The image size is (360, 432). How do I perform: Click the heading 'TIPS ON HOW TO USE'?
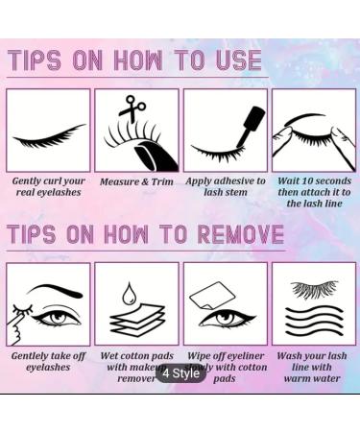[x=134, y=60]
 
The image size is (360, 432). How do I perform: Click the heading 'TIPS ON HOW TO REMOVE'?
[x=145, y=233]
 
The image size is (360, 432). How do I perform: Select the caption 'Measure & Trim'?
[x=135, y=180]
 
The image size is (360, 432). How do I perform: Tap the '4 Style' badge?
[x=180, y=372]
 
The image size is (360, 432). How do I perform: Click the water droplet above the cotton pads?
[x=135, y=288]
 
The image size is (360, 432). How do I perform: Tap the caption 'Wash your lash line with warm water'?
[x=313, y=366]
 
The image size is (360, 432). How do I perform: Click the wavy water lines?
[x=313, y=322]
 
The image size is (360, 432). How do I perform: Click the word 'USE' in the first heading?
[x=234, y=60]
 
